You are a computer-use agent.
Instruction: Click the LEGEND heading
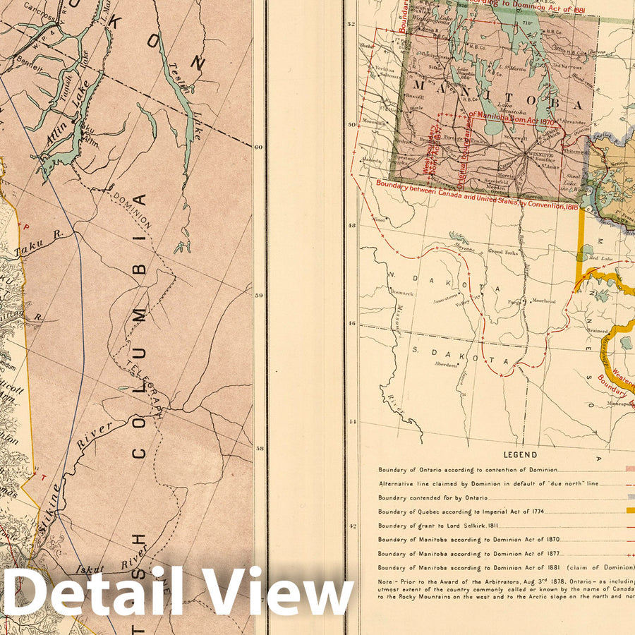click(x=520, y=455)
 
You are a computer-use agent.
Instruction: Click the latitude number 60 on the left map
click(x=258, y=147)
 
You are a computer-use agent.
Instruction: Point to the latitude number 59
click(x=258, y=296)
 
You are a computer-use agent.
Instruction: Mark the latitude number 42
click(x=352, y=526)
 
